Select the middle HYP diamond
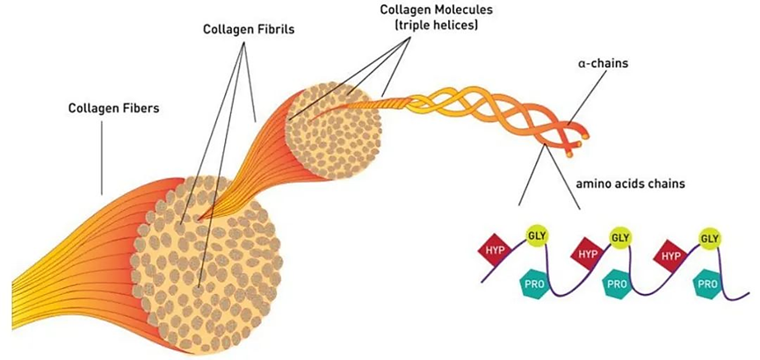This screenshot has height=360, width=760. pyautogui.click(x=586, y=253)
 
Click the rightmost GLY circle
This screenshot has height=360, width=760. pyautogui.click(x=710, y=237)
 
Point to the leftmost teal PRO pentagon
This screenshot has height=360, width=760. pyautogui.click(x=530, y=284)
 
